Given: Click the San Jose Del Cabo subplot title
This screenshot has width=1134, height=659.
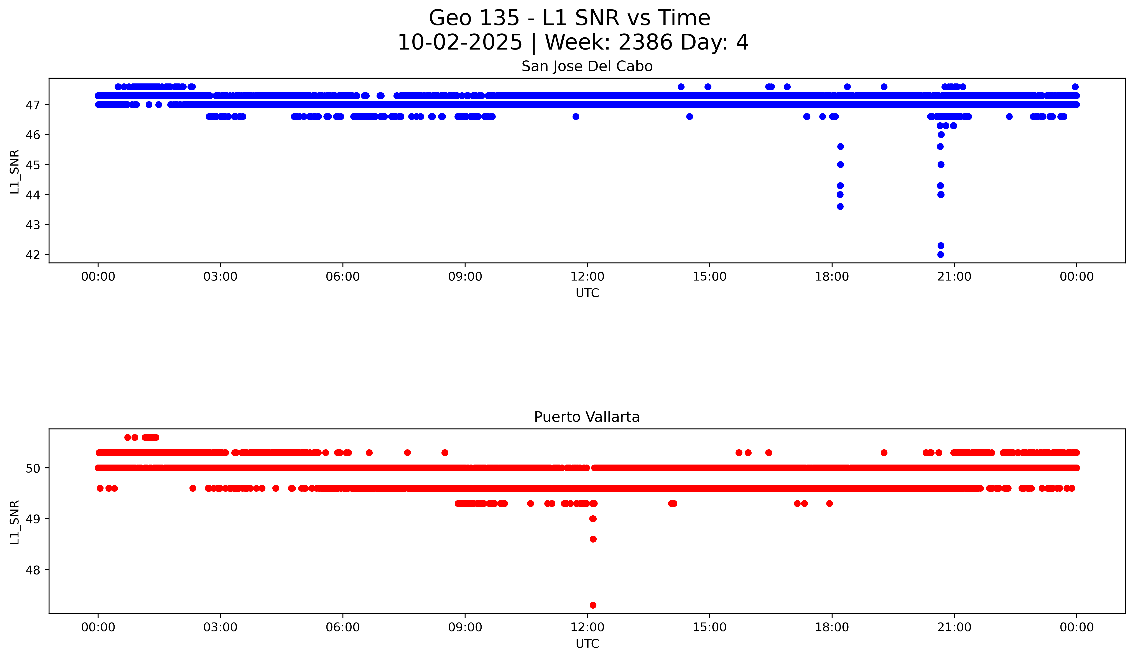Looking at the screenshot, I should click(x=587, y=67).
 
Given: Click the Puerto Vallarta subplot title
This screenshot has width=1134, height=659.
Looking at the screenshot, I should click(x=587, y=417).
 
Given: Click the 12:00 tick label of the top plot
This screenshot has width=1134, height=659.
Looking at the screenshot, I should click(x=587, y=277).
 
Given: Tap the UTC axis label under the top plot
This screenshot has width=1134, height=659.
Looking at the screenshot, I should click(x=587, y=293).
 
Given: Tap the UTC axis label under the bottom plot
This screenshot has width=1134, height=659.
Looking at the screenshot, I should click(x=587, y=644).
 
